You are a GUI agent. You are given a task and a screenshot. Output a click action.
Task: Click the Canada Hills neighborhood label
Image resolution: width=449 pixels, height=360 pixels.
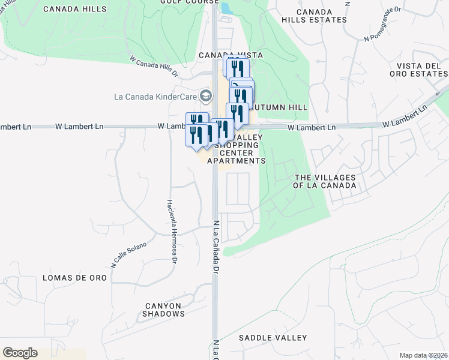click(75, 9)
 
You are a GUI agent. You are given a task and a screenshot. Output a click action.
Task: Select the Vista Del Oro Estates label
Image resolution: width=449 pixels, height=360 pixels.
click(418, 69)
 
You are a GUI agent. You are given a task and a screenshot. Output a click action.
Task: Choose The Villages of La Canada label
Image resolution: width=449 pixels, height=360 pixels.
click(324, 181)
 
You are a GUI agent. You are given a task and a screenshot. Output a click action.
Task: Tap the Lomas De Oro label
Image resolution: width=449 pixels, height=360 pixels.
click(74, 278)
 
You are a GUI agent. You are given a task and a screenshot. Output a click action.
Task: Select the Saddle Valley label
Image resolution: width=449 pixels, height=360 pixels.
click(273, 338)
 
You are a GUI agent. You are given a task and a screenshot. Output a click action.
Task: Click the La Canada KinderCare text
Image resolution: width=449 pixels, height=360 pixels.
click(155, 96)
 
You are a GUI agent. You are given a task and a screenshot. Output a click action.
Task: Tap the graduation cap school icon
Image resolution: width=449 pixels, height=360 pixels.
click(206, 95)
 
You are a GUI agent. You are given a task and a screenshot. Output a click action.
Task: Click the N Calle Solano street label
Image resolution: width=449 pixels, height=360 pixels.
click(128, 254)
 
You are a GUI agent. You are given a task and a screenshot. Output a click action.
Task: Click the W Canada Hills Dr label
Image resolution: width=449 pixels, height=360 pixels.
click(154, 66)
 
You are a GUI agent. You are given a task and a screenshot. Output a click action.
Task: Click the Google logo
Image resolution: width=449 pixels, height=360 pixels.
click(20, 353)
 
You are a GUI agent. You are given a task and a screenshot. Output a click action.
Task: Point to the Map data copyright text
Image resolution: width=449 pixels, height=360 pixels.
click(424, 355)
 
